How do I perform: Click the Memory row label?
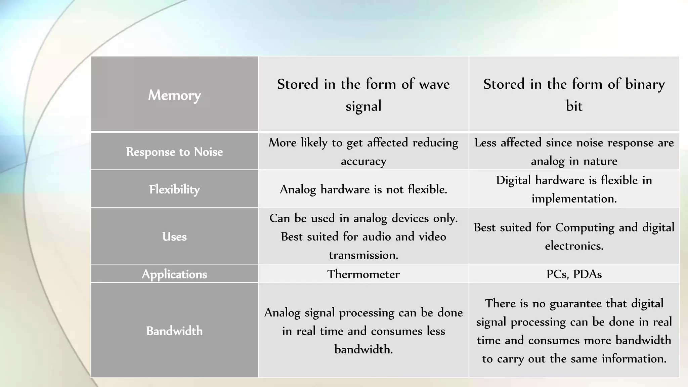[x=174, y=95]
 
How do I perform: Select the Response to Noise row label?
[x=174, y=152]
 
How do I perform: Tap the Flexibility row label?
[x=174, y=189]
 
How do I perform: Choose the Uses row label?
[x=174, y=236]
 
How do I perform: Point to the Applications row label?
[x=174, y=274]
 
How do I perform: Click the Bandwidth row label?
[x=174, y=331]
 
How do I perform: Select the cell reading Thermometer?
[x=363, y=274]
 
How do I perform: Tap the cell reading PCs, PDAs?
[x=574, y=274]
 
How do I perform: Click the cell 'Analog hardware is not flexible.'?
[x=363, y=189]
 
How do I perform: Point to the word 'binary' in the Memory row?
[x=645, y=84]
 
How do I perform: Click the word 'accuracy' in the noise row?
[x=363, y=161]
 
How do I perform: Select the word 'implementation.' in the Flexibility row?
[x=574, y=199]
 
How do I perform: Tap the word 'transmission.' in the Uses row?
[x=363, y=255]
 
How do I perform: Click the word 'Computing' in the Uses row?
[x=585, y=227]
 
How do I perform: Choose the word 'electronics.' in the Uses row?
[x=574, y=246]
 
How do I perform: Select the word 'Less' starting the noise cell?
[x=485, y=143]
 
